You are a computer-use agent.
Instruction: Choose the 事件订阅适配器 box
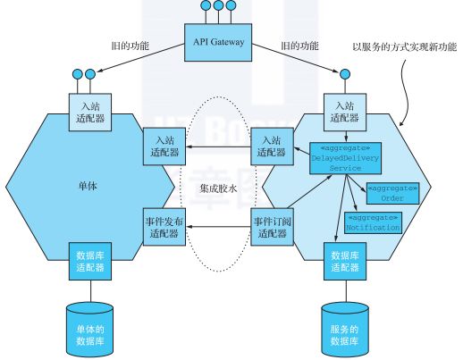[273, 227]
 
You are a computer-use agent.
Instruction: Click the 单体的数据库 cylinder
[92, 326]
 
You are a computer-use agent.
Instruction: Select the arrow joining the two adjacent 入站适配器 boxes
[217, 147]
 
